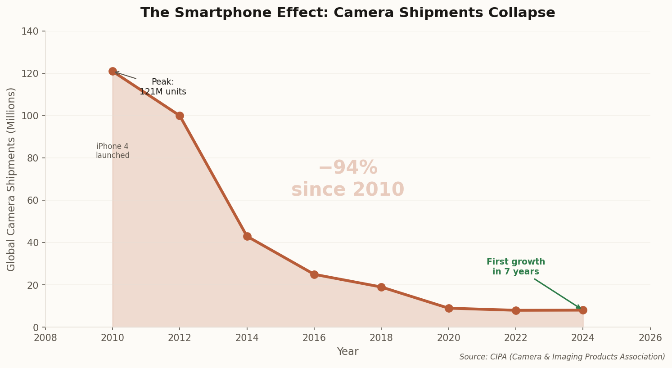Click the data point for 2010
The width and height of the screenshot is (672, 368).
pos(113,71)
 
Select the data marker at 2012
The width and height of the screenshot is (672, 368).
pos(180,116)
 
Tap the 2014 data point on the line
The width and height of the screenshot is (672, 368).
pos(247,236)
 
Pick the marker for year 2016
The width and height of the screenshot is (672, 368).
pos(314,274)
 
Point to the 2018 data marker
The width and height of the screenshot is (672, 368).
pos(381,287)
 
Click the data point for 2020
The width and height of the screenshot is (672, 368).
pos(449,308)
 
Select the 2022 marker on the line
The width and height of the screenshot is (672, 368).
pos(516,310)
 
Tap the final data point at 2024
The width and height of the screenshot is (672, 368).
pos(583,310)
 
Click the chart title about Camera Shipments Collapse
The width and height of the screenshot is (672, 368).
pos(347,13)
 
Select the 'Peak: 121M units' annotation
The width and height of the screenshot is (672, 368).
pos(162,87)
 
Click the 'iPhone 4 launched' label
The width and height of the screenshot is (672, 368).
pos(113,151)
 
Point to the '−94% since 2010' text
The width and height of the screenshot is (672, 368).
pos(347,179)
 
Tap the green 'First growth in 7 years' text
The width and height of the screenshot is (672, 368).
pos(515,267)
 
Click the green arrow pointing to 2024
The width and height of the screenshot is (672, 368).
pos(557,293)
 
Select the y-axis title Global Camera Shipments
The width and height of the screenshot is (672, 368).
pos(11,179)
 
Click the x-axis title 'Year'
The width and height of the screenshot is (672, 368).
pos(347,352)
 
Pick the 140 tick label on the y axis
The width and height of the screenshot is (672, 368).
pos(30,31)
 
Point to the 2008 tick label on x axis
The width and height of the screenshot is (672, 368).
pos(45,338)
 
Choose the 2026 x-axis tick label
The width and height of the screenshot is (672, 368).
pos(650,338)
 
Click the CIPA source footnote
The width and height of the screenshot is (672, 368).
pos(562,357)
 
